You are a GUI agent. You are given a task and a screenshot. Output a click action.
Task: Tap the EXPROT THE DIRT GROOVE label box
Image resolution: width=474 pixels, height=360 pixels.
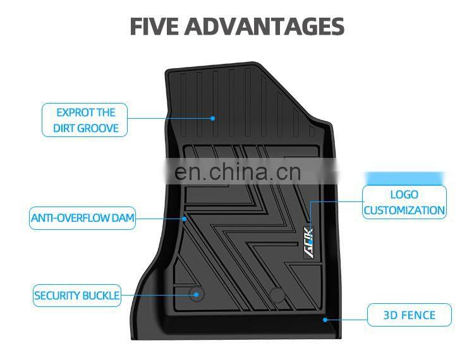[x=85, y=121]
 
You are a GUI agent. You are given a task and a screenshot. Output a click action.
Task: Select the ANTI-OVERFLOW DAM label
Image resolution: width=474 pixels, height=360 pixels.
[x=82, y=219]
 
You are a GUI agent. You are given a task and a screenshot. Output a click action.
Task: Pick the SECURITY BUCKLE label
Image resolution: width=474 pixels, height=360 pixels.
[x=76, y=296]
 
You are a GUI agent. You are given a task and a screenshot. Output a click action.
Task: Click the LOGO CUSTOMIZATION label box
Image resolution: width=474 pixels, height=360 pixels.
[x=404, y=202]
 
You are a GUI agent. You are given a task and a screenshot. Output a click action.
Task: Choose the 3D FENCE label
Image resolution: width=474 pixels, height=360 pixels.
[x=410, y=315]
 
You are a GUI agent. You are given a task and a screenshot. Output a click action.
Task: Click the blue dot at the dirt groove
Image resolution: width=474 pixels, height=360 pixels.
[x=213, y=118]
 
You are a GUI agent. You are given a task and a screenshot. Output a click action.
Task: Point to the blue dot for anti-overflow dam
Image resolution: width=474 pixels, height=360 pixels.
[x=185, y=219]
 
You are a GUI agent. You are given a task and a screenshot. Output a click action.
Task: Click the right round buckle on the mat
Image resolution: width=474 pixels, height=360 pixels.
[x=276, y=294]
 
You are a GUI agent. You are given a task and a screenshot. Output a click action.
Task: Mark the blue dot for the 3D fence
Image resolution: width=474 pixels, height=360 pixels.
[x=325, y=320]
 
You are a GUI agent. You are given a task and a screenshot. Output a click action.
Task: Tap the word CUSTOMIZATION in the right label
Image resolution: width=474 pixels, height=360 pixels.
[x=404, y=210]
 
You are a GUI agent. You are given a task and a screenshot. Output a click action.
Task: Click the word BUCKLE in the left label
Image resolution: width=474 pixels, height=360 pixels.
[x=100, y=296]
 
